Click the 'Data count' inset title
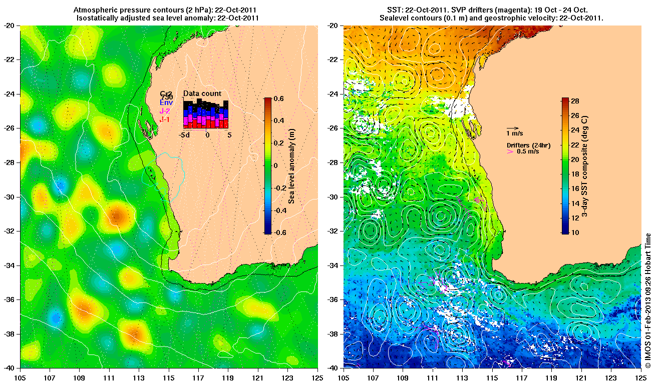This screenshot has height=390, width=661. (x=202, y=93)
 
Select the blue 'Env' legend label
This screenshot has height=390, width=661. (x=166, y=102)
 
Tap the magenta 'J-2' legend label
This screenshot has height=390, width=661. (x=165, y=111)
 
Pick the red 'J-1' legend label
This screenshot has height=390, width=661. (x=165, y=119)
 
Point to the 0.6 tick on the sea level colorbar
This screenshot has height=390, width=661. (x=279, y=98)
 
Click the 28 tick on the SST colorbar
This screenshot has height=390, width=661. (x=575, y=101)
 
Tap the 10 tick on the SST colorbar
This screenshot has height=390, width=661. (x=575, y=232)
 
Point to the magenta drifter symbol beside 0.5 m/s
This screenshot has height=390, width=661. (x=510, y=151)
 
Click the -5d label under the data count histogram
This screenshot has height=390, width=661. (x=184, y=135)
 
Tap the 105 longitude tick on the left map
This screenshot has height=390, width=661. (x=21, y=378)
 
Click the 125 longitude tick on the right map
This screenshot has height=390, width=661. (x=641, y=378)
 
